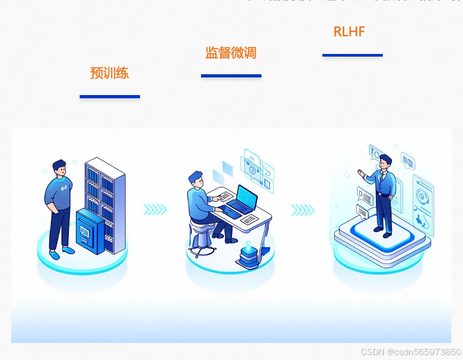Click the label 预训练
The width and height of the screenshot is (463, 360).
(x=110, y=73)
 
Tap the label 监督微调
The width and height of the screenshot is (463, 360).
(x=231, y=53)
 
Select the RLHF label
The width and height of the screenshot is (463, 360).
(x=349, y=32)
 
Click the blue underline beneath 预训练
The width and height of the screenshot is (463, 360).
(x=110, y=97)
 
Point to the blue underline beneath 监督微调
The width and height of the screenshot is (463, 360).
(x=231, y=76)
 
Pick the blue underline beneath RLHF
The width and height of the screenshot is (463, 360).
(x=352, y=55)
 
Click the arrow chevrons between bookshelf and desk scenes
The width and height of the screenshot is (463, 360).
(x=155, y=210)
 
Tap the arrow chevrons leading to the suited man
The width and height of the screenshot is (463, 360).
(x=303, y=210)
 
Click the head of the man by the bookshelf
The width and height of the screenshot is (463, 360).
(x=59, y=168)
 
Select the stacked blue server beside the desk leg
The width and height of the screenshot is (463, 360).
(x=248, y=256)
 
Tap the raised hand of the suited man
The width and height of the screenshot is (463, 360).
(x=362, y=174)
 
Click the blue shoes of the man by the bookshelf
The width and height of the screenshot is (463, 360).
(x=61, y=250)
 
